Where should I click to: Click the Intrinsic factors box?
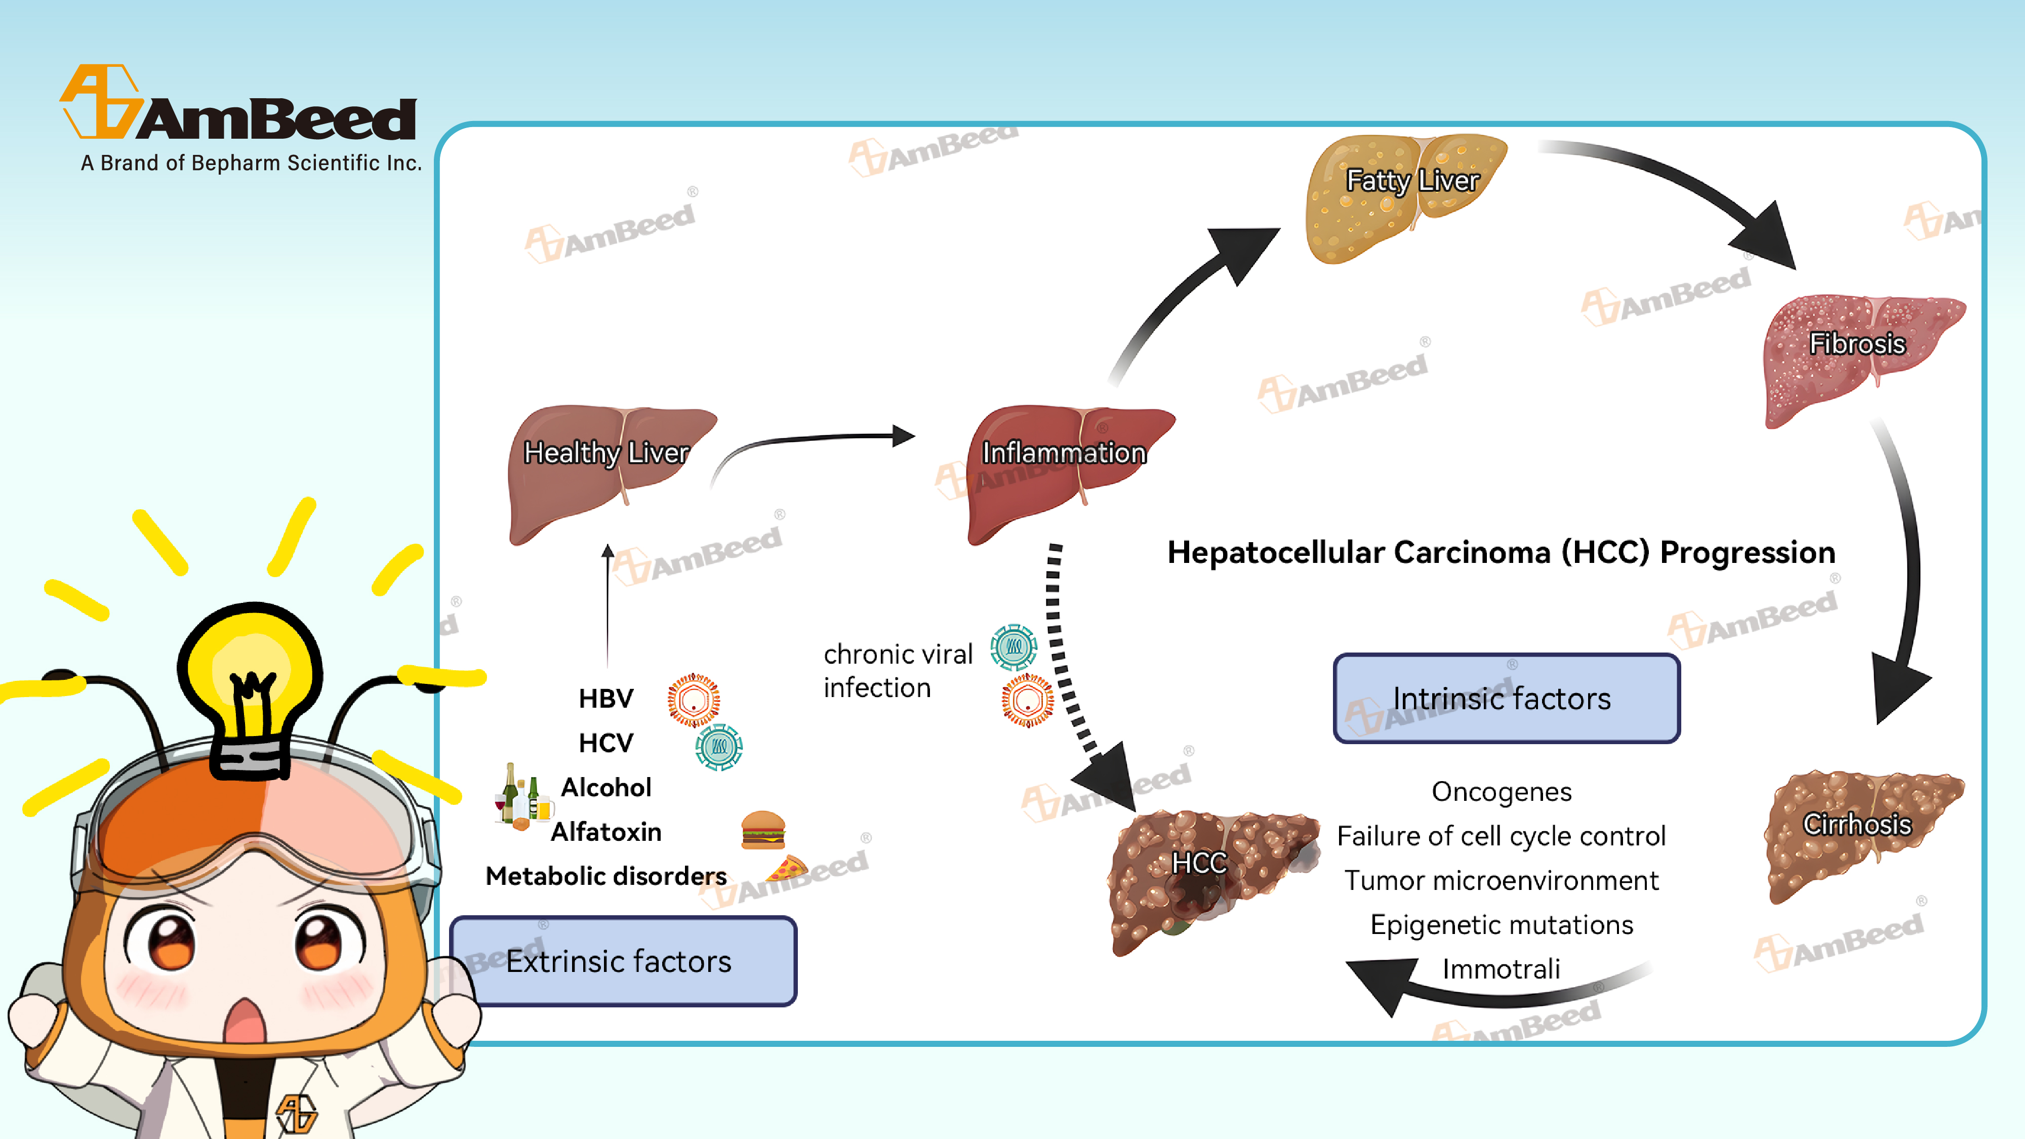1506,698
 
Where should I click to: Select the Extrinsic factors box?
623,961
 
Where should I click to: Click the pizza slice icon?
788,869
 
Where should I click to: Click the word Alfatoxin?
606,832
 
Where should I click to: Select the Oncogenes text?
1502,792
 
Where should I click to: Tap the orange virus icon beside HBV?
694,699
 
